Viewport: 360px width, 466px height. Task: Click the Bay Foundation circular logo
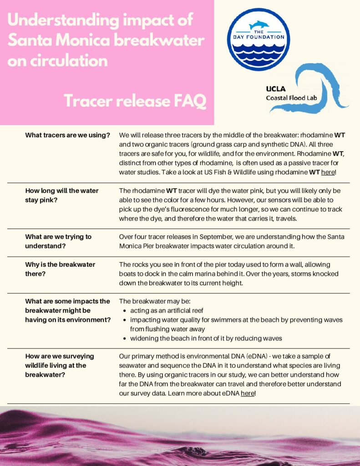point(259,40)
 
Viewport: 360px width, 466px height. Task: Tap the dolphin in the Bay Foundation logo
point(259,25)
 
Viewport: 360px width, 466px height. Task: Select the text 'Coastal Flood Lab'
point(291,97)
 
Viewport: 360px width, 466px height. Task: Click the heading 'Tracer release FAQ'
point(135,101)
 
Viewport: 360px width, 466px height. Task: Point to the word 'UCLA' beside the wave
point(276,89)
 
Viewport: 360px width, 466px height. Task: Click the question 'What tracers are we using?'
point(67,135)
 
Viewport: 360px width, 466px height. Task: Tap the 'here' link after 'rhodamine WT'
point(328,172)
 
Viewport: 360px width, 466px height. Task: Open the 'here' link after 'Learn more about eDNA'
point(247,393)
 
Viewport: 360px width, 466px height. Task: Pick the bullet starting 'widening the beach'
point(206,338)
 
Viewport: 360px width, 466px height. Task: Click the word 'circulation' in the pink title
point(57,61)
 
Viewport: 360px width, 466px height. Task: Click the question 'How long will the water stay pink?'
point(62,195)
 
